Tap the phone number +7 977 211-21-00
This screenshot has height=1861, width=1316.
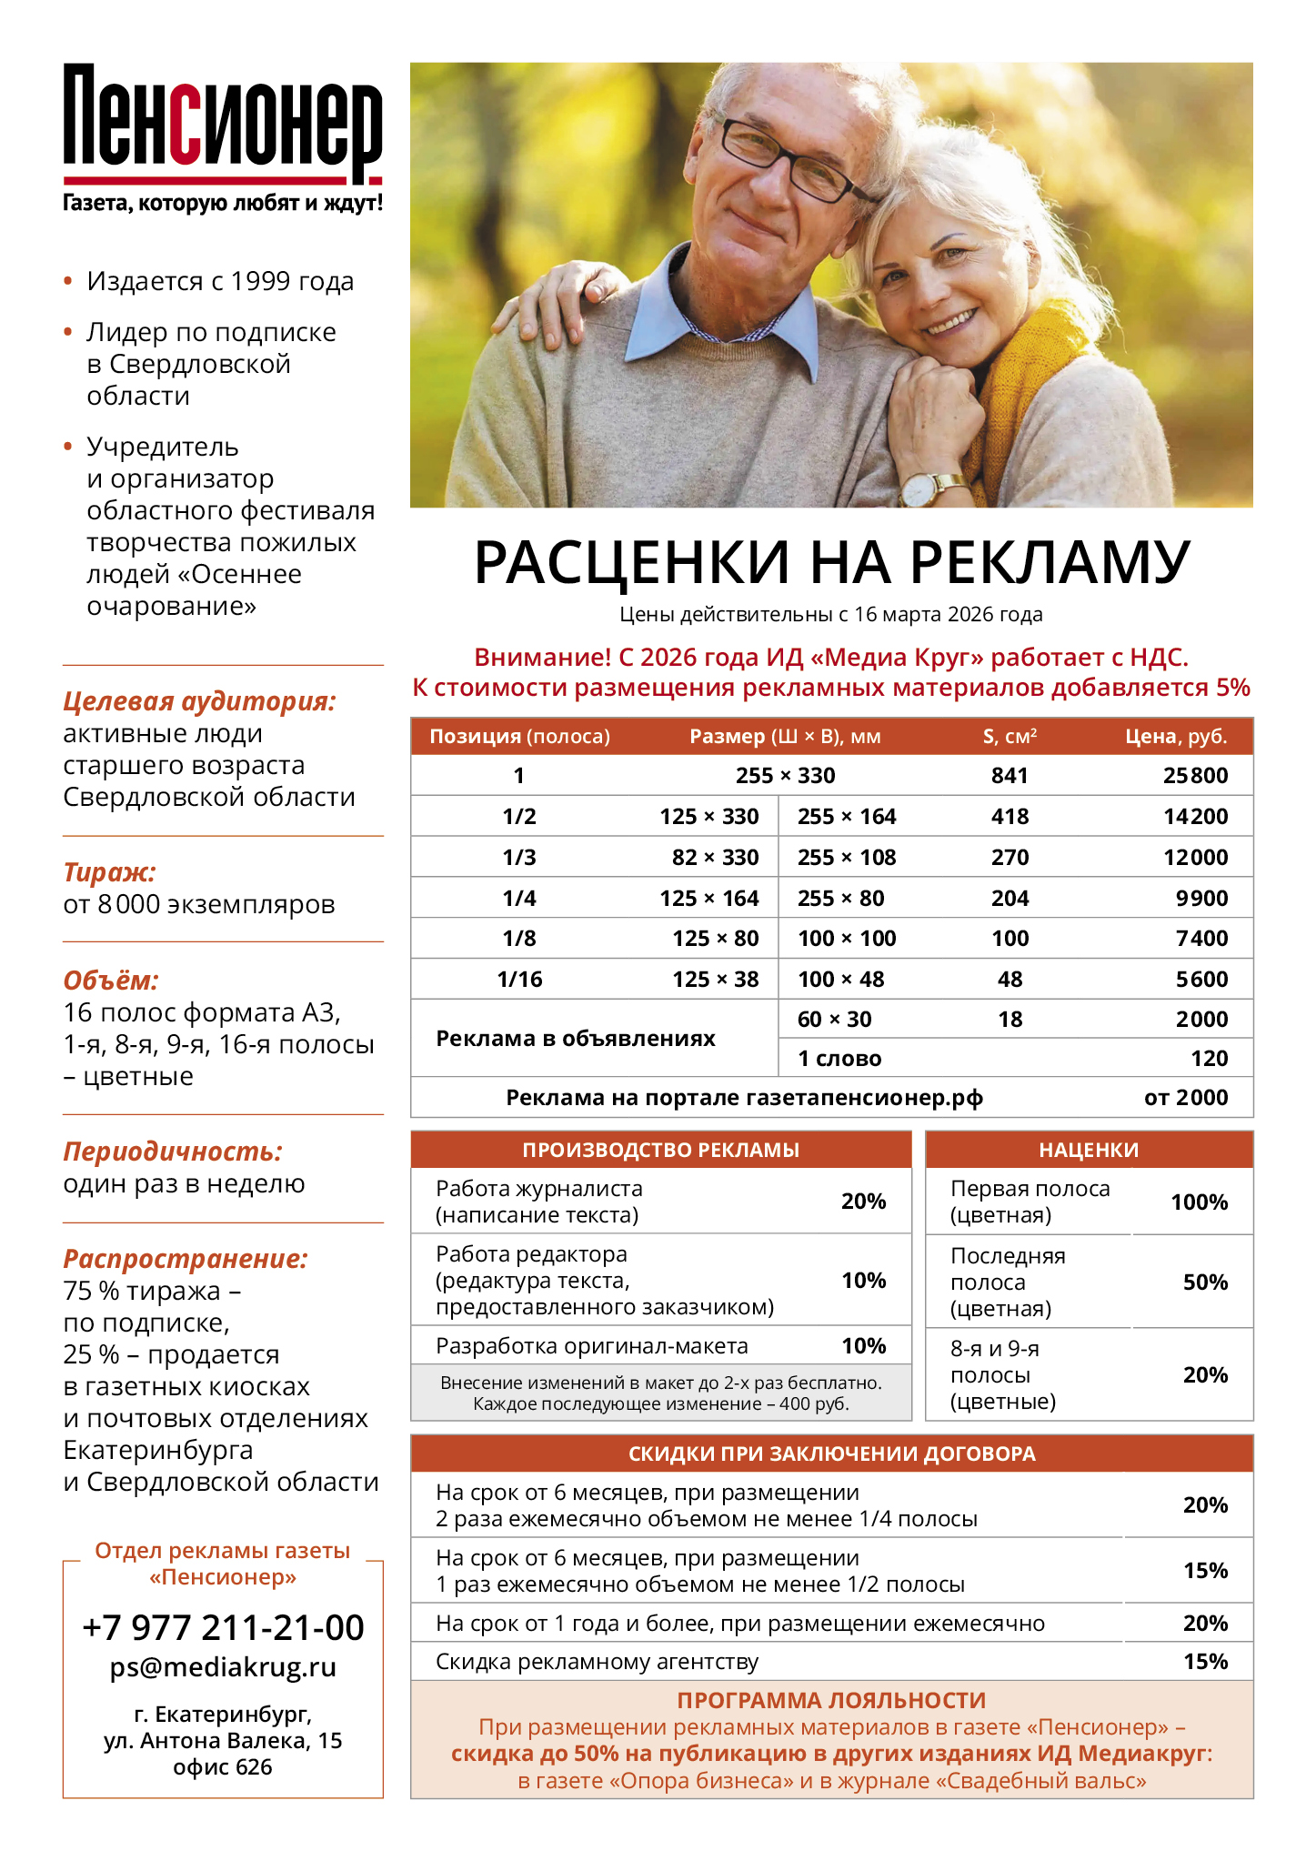(223, 1627)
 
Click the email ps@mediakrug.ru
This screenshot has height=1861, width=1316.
(223, 1667)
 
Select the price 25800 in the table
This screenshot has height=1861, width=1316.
(1195, 776)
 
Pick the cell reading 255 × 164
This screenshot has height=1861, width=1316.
(847, 817)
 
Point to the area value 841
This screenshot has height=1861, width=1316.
(1010, 776)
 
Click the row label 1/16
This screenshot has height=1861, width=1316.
(519, 980)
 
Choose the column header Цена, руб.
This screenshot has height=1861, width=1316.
(1176, 737)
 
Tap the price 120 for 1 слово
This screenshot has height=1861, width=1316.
(1210, 1059)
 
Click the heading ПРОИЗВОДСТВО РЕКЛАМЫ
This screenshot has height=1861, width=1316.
(660, 1150)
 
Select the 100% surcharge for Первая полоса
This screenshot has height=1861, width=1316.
(1199, 1202)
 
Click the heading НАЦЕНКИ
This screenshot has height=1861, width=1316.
(1089, 1150)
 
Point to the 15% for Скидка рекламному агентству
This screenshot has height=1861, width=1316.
(1205, 1662)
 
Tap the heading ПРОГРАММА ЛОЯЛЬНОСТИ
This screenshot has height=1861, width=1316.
(831, 1700)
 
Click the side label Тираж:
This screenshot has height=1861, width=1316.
(109, 872)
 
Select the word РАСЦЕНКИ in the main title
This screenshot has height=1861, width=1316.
(631, 562)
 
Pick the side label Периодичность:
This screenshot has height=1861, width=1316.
(173, 1152)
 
